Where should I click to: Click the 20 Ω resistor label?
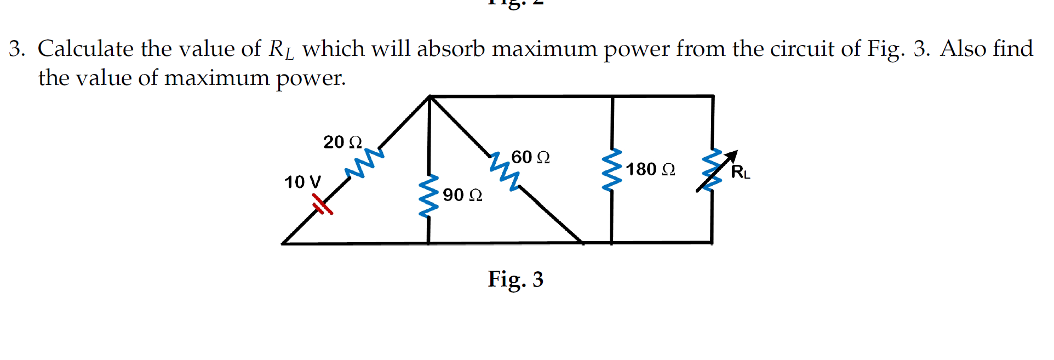(342, 142)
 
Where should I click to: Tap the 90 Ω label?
(462, 195)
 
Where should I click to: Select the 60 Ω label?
(530, 157)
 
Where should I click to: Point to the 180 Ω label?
(650, 169)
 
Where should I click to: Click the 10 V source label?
(302, 182)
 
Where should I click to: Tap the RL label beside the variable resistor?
(740, 172)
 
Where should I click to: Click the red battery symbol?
(322, 205)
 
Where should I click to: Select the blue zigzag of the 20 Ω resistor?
(364, 163)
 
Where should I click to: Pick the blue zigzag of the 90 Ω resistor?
(428, 196)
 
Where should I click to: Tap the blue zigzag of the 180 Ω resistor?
(611, 170)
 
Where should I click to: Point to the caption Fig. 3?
(515, 279)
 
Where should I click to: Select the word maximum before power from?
(544, 49)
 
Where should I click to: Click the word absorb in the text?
(451, 49)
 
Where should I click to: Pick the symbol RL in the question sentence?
(281, 50)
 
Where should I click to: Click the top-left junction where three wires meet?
(430, 97)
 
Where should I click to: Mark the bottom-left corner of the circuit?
(283, 243)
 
